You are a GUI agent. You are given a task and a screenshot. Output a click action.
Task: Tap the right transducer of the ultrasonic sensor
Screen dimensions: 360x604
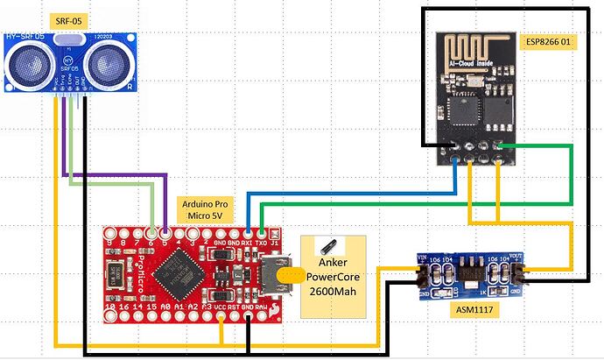pos(109,61)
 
